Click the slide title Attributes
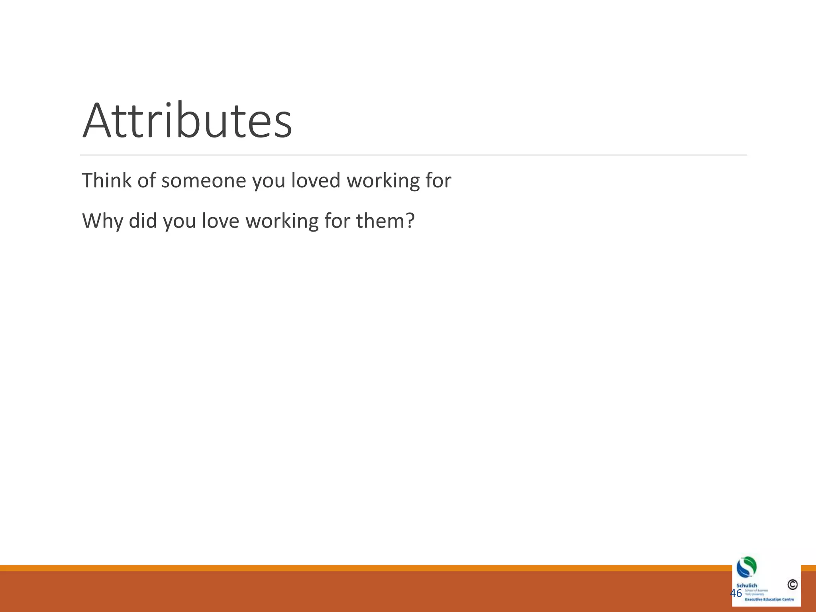(187, 121)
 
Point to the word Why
(102, 221)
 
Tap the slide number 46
(736, 593)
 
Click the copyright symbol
(792, 585)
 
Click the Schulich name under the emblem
(747, 585)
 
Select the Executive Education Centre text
(769, 599)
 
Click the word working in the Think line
(383, 181)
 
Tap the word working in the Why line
(281, 222)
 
